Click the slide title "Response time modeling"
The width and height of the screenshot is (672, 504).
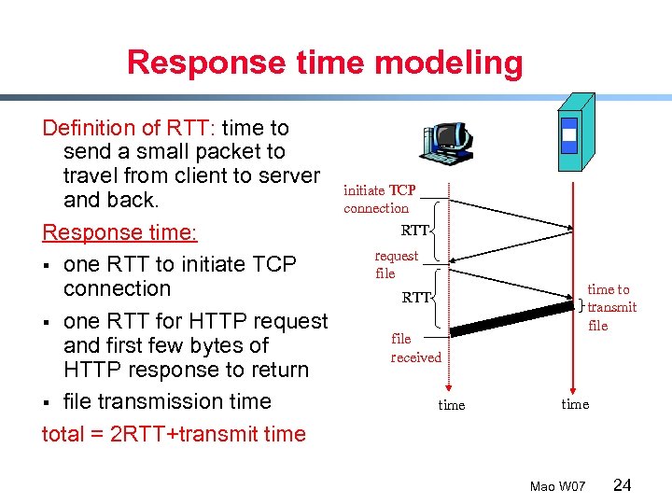click(x=325, y=63)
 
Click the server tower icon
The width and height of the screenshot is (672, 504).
click(x=573, y=133)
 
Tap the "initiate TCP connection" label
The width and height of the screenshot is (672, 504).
click(x=379, y=199)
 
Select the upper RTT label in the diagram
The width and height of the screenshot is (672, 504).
click(x=415, y=231)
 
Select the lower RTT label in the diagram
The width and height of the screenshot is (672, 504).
click(x=416, y=298)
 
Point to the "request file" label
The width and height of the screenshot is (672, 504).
click(x=396, y=264)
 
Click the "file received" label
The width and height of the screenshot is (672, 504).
click(x=415, y=348)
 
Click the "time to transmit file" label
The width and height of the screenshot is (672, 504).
click(x=611, y=308)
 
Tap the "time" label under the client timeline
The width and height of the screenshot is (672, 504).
click(x=452, y=405)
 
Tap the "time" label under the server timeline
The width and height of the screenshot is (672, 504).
click(x=575, y=404)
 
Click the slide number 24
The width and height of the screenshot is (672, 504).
click(x=623, y=484)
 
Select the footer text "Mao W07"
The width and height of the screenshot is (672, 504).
click(x=557, y=486)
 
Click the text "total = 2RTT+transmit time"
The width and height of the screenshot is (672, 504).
click(x=174, y=434)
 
